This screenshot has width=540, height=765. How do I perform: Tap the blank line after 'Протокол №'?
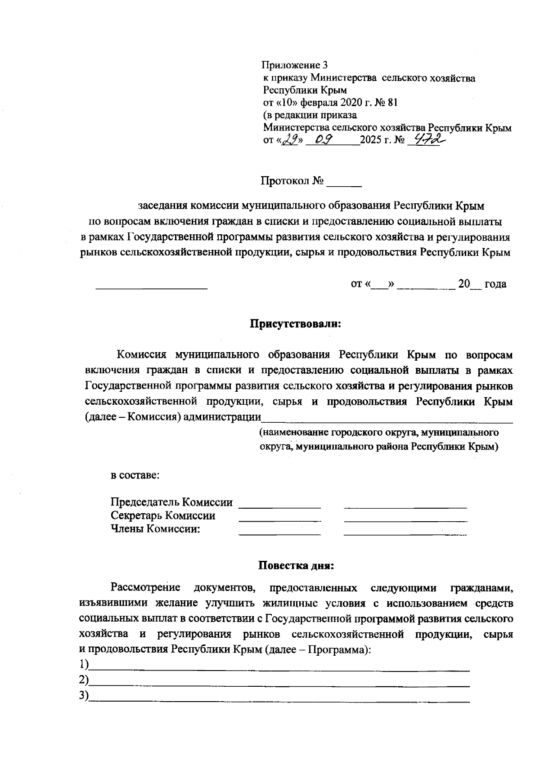tap(344, 183)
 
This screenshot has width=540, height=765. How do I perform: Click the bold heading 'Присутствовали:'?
tap(296, 324)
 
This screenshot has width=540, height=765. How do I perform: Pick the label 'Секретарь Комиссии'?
tap(163, 516)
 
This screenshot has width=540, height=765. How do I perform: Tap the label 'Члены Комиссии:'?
tap(155, 529)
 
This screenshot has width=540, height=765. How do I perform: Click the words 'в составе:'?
tap(135, 475)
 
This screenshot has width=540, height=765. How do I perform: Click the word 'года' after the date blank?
tap(495, 284)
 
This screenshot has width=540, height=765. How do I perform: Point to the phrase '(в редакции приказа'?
tap(310, 115)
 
